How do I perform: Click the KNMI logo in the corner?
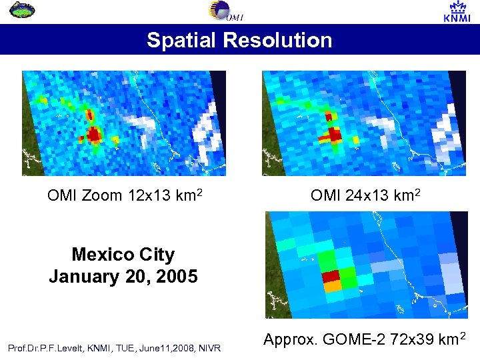click(x=457, y=11)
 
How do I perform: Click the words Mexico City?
click(x=123, y=255)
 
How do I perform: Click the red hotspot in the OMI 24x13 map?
click(x=331, y=134)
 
